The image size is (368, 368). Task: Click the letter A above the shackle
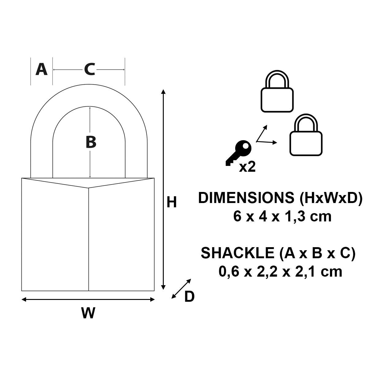[x=41, y=69]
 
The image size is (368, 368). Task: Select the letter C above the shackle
[x=89, y=69]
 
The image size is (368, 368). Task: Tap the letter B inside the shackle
[x=91, y=142]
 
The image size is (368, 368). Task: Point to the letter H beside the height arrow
[x=171, y=203]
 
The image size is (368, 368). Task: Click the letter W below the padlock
[x=88, y=313]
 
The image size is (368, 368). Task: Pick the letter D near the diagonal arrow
[x=189, y=297]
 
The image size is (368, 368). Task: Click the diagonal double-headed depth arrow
[x=181, y=289]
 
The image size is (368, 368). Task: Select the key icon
[x=239, y=152]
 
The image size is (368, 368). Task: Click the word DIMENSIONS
[x=247, y=198]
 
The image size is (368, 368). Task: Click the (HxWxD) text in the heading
[x=331, y=198]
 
